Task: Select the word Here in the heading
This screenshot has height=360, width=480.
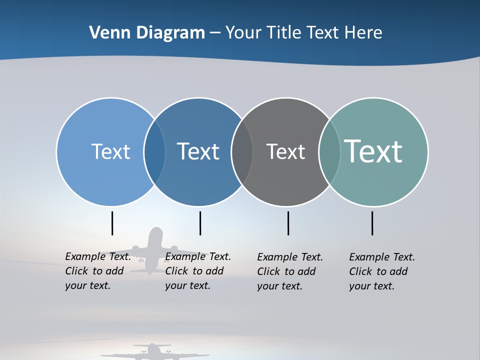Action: pyautogui.click(x=363, y=33)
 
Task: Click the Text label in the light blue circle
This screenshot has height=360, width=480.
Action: pyautogui.click(x=110, y=151)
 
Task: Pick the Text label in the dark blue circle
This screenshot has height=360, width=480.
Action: pyautogui.click(x=198, y=151)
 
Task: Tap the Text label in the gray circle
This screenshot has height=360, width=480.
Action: pyautogui.click(x=285, y=151)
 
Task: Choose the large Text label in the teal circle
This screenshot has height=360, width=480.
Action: pyautogui.click(x=373, y=151)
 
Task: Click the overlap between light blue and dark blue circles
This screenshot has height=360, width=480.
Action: pyautogui.click(x=154, y=152)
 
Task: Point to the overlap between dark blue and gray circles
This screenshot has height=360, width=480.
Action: pyautogui.click(x=242, y=152)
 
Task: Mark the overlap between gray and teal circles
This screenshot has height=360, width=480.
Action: pyautogui.click(x=329, y=152)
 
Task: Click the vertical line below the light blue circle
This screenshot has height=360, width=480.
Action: pyautogui.click(x=112, y=223)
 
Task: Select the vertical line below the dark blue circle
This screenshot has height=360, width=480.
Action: pyautogui.click(x=200, y=223)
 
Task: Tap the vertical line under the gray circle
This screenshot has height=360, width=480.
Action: pyautogui.click(x=288, y=223)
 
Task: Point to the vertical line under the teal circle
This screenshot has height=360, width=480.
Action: pyautogui.click(x=372, y=223)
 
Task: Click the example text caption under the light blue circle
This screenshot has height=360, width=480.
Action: pyautogui.click(x=98, y=271)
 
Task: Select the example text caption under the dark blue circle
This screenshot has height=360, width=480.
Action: pyautogui.click(x=198, y=271)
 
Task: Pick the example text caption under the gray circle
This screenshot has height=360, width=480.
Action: pyautogui.click(x=290, y=271)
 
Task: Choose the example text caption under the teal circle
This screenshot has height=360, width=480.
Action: pyautogui.click(x=382, y=271)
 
